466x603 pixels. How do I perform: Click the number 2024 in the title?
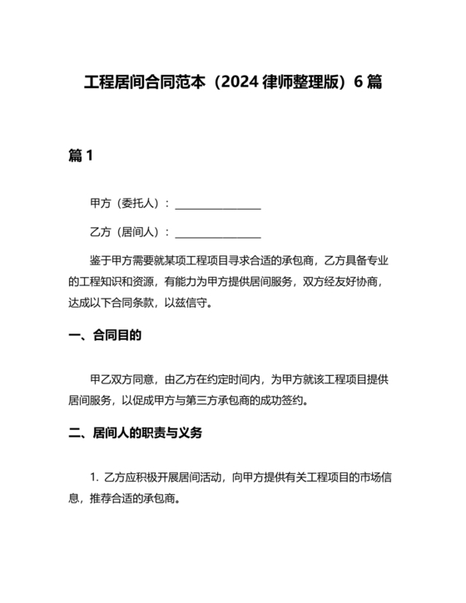242,84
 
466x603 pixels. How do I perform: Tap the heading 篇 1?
80,156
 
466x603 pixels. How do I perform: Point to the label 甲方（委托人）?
126,204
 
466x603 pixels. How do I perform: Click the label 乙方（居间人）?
126,232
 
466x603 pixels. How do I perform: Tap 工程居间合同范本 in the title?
145,84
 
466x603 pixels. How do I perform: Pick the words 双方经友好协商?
341,282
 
